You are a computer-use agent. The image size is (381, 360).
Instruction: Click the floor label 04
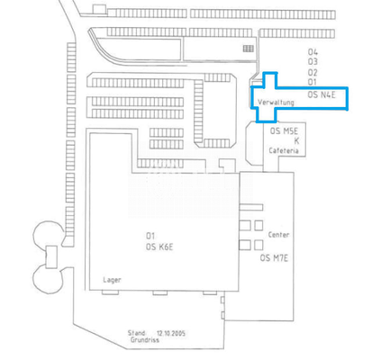coord(313,51)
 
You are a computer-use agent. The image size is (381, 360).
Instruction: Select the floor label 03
coord(313,61)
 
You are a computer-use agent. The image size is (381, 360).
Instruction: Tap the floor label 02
coord(313,71)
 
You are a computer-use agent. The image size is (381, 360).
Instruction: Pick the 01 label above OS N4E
coord(313,81)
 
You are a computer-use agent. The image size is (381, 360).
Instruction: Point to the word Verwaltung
coord(276,103)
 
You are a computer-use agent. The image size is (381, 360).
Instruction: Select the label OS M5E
coord(285,130)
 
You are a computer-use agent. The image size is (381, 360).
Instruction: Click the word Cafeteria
coord(284,150)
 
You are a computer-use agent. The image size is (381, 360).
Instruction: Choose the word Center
coord(279,234)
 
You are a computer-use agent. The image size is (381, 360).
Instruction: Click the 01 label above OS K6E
coord(150,235)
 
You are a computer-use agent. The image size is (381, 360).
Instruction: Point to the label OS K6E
coord(159,246)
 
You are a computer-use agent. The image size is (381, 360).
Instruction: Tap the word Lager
coord(113,280)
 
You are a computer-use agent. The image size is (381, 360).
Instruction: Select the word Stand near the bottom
coord(137,333)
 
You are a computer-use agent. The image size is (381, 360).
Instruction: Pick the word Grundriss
coord(142,341)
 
